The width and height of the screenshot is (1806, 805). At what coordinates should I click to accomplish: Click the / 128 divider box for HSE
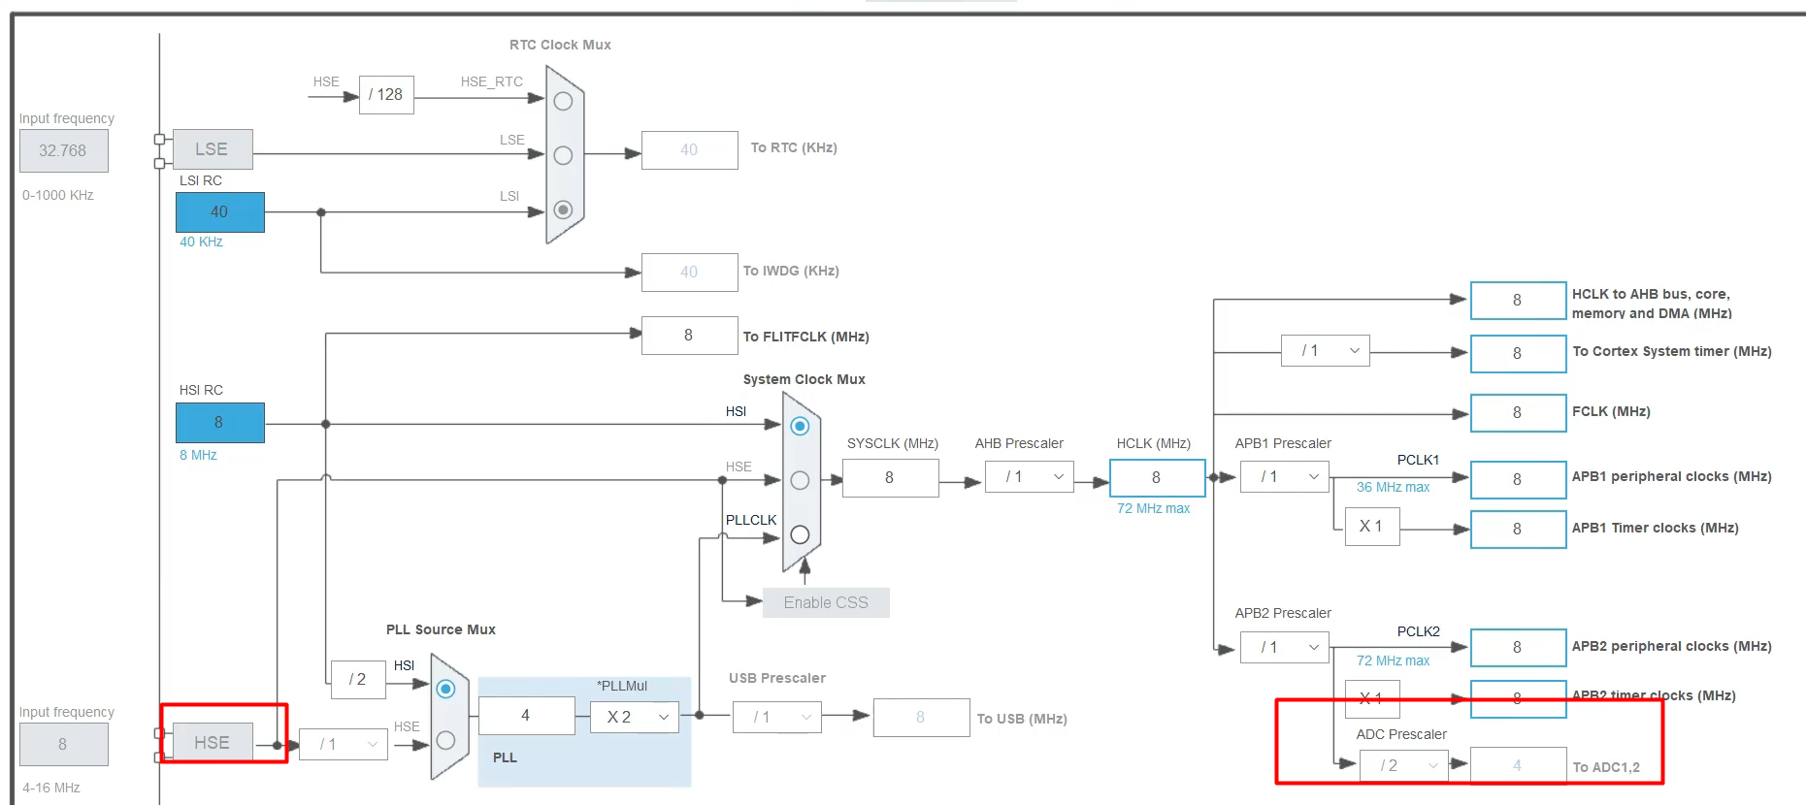(x=386, y=95)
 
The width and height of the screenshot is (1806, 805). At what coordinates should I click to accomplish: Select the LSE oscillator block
(x=213, y=149)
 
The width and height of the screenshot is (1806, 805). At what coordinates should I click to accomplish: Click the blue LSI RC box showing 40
(x=219, y=212)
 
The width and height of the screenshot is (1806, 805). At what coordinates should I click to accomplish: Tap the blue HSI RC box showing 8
(x=219, y=423)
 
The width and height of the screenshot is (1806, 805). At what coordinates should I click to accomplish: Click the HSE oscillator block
(x=213, y=743)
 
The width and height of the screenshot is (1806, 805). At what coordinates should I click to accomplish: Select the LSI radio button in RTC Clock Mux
(x=563, y=209)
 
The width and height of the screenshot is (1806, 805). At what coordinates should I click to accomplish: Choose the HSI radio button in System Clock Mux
(x=800, y=426)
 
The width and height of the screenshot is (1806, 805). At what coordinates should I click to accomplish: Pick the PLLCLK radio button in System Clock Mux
(x=800, y=534)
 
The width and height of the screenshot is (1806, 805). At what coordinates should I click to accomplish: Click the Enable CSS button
(x=826, y=602)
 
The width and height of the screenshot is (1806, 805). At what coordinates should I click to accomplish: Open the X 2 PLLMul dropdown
(x=635, y=717)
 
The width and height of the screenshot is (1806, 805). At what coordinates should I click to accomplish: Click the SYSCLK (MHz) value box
(x=890, y=478)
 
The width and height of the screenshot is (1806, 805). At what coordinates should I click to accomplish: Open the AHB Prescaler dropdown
(x=1029, y=477)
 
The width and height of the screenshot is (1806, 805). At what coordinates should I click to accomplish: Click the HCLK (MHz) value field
(x=1157, y=478)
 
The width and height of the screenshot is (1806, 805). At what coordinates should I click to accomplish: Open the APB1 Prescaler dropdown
(x=1284, y=477)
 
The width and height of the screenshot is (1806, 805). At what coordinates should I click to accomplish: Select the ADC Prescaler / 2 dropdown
(x=1403, y=765)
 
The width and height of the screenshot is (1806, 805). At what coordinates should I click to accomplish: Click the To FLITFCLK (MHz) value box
(x=689, y=336)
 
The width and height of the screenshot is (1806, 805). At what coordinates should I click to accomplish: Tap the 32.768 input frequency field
(x=63, y=151)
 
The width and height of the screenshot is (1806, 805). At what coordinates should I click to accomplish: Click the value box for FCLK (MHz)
(x=1518, y=413)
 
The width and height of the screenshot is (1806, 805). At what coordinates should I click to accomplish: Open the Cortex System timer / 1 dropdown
(x=1325, y=351)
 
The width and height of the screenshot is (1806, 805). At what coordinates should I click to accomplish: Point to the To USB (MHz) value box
(x=921, y=718)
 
